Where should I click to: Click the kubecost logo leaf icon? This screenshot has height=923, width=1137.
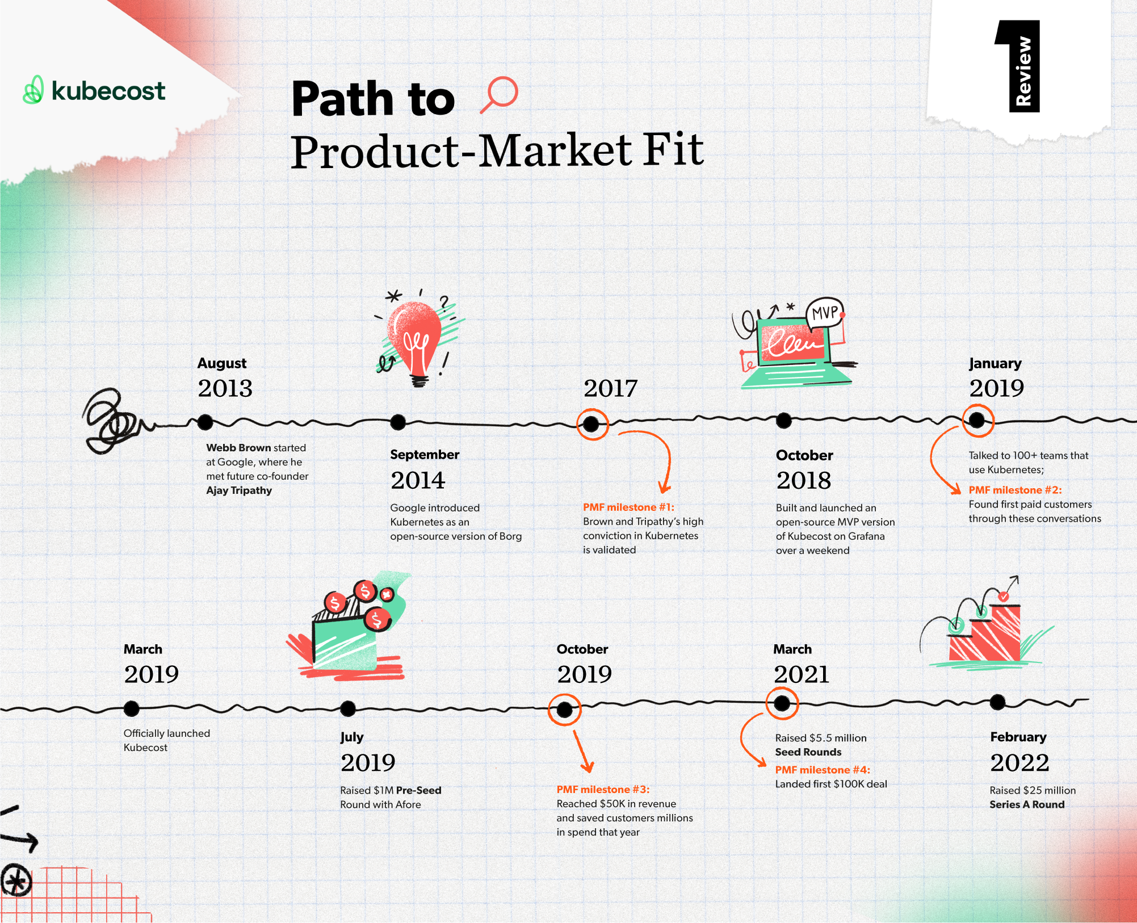coord(33,90)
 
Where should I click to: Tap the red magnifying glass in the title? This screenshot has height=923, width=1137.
coord(500,94)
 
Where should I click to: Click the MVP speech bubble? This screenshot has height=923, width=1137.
coord(825,313)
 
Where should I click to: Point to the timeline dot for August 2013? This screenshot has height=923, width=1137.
coord(205,422)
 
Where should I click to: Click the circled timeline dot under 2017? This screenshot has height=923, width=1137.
coord(591,423)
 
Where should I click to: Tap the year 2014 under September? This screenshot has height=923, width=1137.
coord(418,480)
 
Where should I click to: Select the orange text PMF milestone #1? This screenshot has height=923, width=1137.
coord(628,507)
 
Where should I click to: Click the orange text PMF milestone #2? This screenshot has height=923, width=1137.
coord(1015,490)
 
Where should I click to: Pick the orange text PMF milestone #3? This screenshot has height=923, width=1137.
coord(603,789)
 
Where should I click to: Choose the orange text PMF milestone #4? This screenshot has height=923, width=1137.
coord(823,770)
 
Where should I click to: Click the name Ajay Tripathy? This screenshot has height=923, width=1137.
coord(239,490)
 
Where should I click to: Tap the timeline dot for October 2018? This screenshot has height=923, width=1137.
coord(784,421)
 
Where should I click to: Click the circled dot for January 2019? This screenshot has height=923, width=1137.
coord(977,420)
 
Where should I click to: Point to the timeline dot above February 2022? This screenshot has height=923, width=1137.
coord(997,702)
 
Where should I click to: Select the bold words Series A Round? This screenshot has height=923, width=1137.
coord(1027,804)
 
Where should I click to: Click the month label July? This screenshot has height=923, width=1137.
coord(352,737)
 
